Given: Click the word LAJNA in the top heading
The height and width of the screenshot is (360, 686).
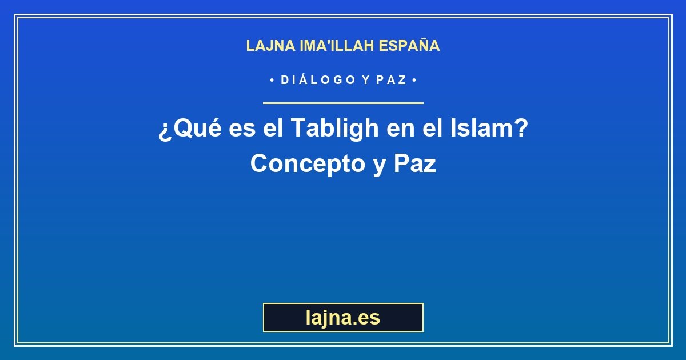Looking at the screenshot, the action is (271, 46).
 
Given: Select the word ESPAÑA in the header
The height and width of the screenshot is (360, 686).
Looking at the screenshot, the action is (409, 45).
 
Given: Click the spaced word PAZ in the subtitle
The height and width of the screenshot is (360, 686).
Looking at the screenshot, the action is (392, 80).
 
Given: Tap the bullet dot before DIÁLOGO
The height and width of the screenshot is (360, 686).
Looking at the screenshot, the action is (272, 80).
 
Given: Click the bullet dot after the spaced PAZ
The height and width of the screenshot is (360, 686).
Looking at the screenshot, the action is (414, 80).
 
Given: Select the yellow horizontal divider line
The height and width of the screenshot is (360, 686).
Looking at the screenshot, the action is (343, 103).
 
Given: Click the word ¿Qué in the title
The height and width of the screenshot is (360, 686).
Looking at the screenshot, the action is (190, 129).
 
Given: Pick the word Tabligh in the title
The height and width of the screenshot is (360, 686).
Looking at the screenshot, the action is (335, 129).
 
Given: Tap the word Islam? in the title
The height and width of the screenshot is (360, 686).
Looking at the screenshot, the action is (489, 127).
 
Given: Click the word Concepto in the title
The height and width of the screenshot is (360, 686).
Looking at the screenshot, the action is (308, 164).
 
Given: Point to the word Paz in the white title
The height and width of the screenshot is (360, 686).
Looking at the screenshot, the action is (415, 163).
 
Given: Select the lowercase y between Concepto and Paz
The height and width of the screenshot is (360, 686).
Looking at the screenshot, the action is (380, 167).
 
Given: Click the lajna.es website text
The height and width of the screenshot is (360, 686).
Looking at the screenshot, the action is (343, 318).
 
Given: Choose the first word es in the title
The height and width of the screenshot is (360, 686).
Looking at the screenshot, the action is (242, 129).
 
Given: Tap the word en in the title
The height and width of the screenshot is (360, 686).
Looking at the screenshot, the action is (401, 129).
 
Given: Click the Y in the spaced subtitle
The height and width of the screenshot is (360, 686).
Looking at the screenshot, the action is (366, 80).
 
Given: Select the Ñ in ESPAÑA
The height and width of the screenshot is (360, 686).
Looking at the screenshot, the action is (422, 45).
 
